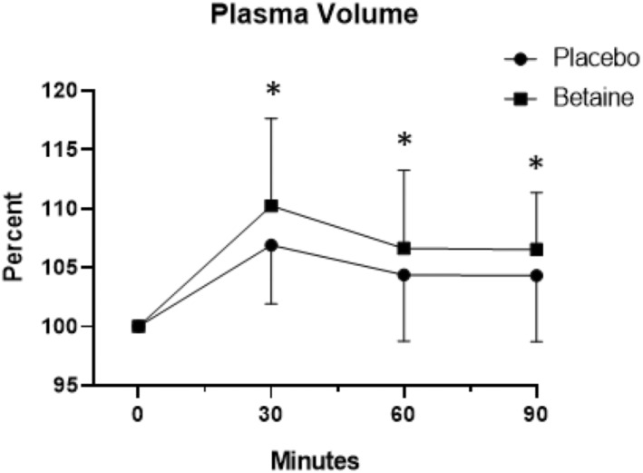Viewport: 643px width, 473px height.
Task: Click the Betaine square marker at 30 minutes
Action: (x=271, y=206)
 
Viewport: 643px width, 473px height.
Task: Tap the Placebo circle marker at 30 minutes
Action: (x=271, y=245)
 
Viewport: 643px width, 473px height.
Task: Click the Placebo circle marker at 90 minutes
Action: (x=537, y=275)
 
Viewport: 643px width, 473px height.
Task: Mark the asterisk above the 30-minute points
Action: (x=272, y=92)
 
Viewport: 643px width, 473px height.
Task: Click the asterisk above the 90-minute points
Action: (x=537, y=165)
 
